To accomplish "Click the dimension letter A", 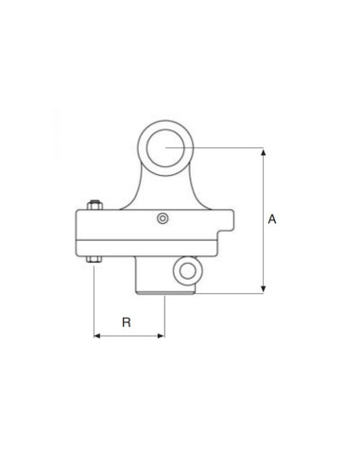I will point(272,219).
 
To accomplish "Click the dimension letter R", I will point(128,321).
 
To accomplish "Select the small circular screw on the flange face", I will point(163,218).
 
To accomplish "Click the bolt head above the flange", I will point(94,205).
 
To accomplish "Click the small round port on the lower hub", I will point(187,273).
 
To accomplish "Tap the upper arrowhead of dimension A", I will point(262,152).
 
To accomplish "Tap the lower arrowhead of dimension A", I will point(262,288).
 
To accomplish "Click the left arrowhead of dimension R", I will point(98,335).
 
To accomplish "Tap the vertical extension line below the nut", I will point(94,302).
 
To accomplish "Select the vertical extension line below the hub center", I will point(163,317).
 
